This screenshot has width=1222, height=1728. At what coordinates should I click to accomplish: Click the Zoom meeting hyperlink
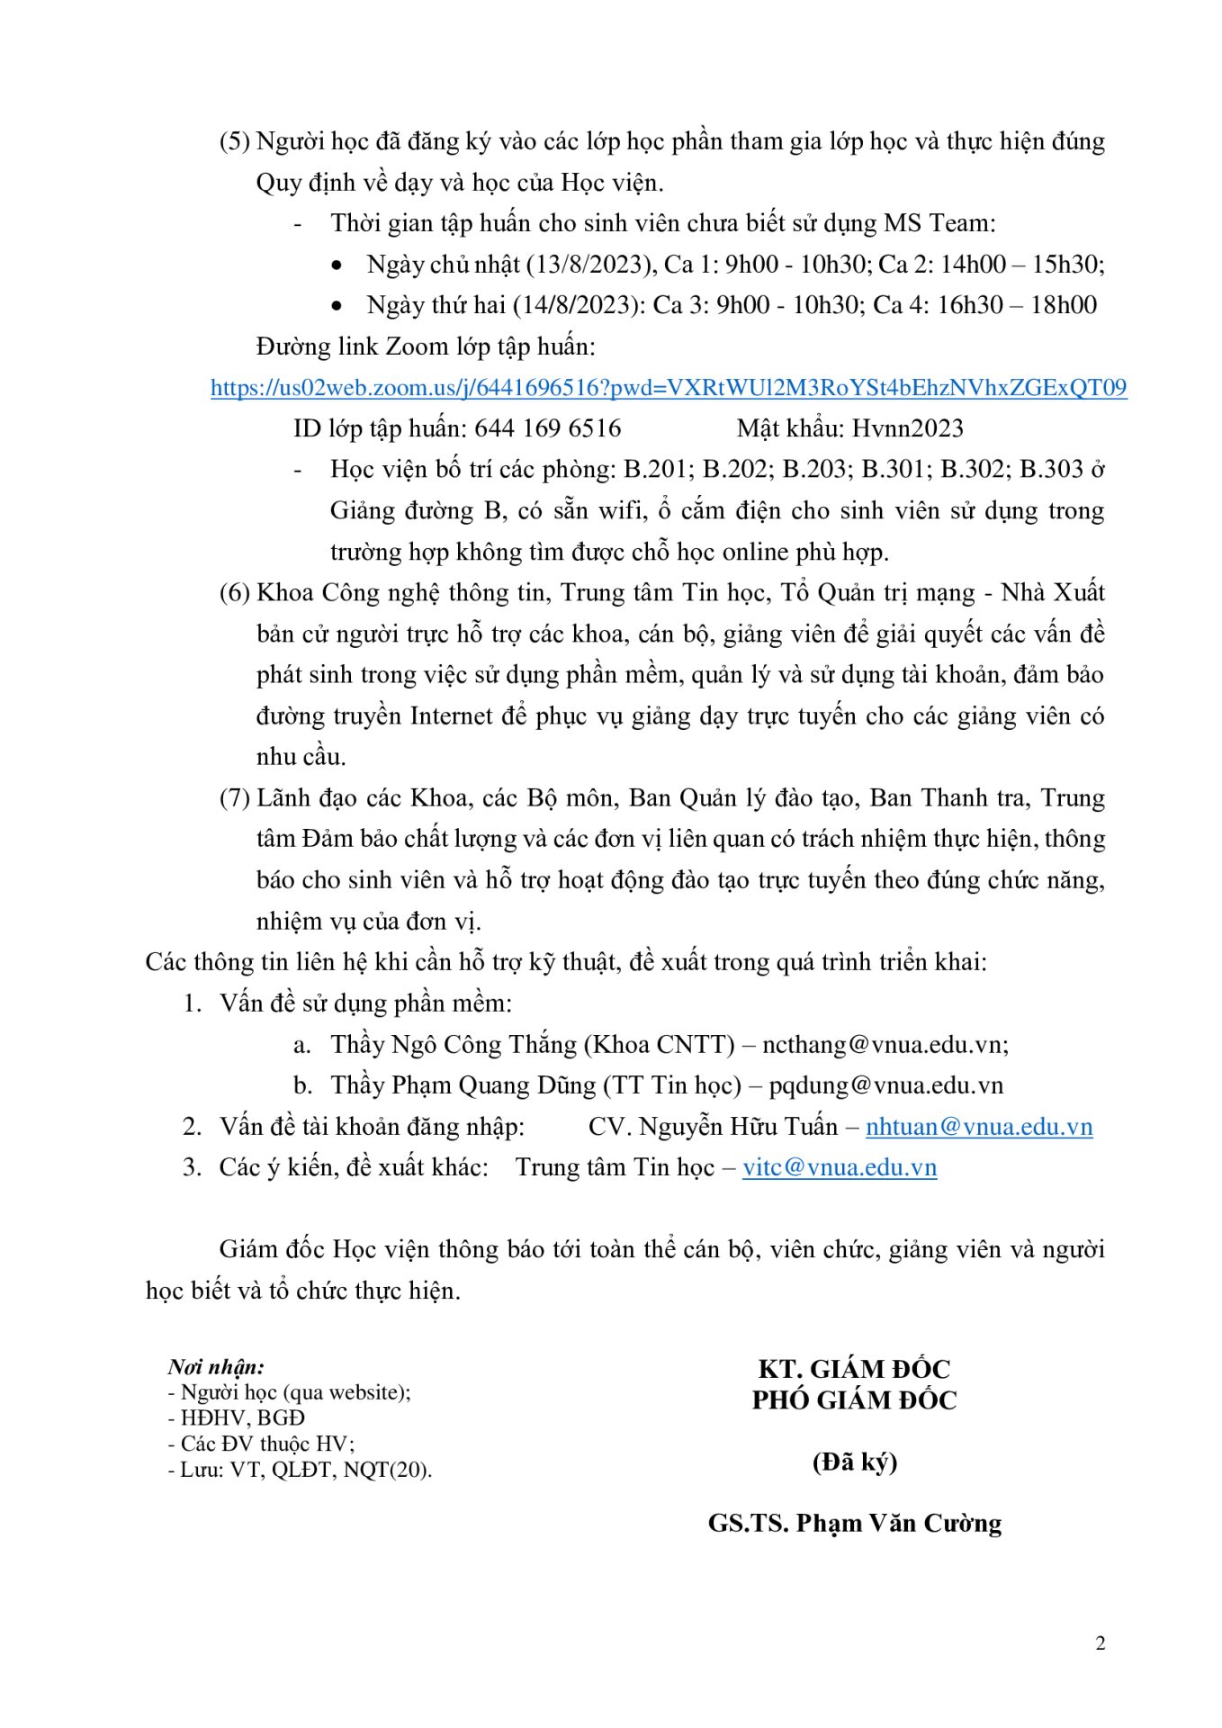pyautogui.click(x=668, y=388)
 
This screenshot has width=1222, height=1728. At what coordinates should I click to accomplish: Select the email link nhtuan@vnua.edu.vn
pyautogui.click(x=979, y=1127)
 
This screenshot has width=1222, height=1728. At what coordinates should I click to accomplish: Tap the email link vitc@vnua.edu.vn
pyautogui.click(x=840, y=1167)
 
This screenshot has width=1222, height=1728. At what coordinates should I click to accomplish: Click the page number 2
pyautogui.click(x=1100, y=1643)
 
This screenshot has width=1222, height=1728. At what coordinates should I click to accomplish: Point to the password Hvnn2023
pyautogui.click(x=907, y=428)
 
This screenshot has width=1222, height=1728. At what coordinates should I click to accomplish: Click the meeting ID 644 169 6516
pyautogui.click(x=547, y=428)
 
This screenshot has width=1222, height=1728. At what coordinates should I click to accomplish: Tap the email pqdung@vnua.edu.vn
pyautogui.click(x=885, y=1085)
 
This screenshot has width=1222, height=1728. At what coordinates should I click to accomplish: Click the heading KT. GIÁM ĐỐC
pyautogui.click(x=854, y=1369)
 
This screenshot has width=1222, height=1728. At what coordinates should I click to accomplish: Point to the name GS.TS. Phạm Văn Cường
pyautogui.click(x=854, y=1523)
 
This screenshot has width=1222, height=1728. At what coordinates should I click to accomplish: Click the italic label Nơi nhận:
pyautogui.click(x=216, y=1367)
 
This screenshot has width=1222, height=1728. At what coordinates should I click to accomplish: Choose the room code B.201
pyautogui.click(x=654, y=470)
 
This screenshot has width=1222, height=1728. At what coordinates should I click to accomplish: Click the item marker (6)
pyautogui.click(x=234, y=593)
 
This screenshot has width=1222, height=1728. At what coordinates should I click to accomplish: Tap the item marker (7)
pyautogui.click(x=234, y=798)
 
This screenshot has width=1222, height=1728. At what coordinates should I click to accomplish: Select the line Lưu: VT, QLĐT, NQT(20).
pyautogui.click(x=301, y=1470)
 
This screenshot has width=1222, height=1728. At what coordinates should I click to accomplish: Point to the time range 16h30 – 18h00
pyautogui.click(x=1017, y=305)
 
